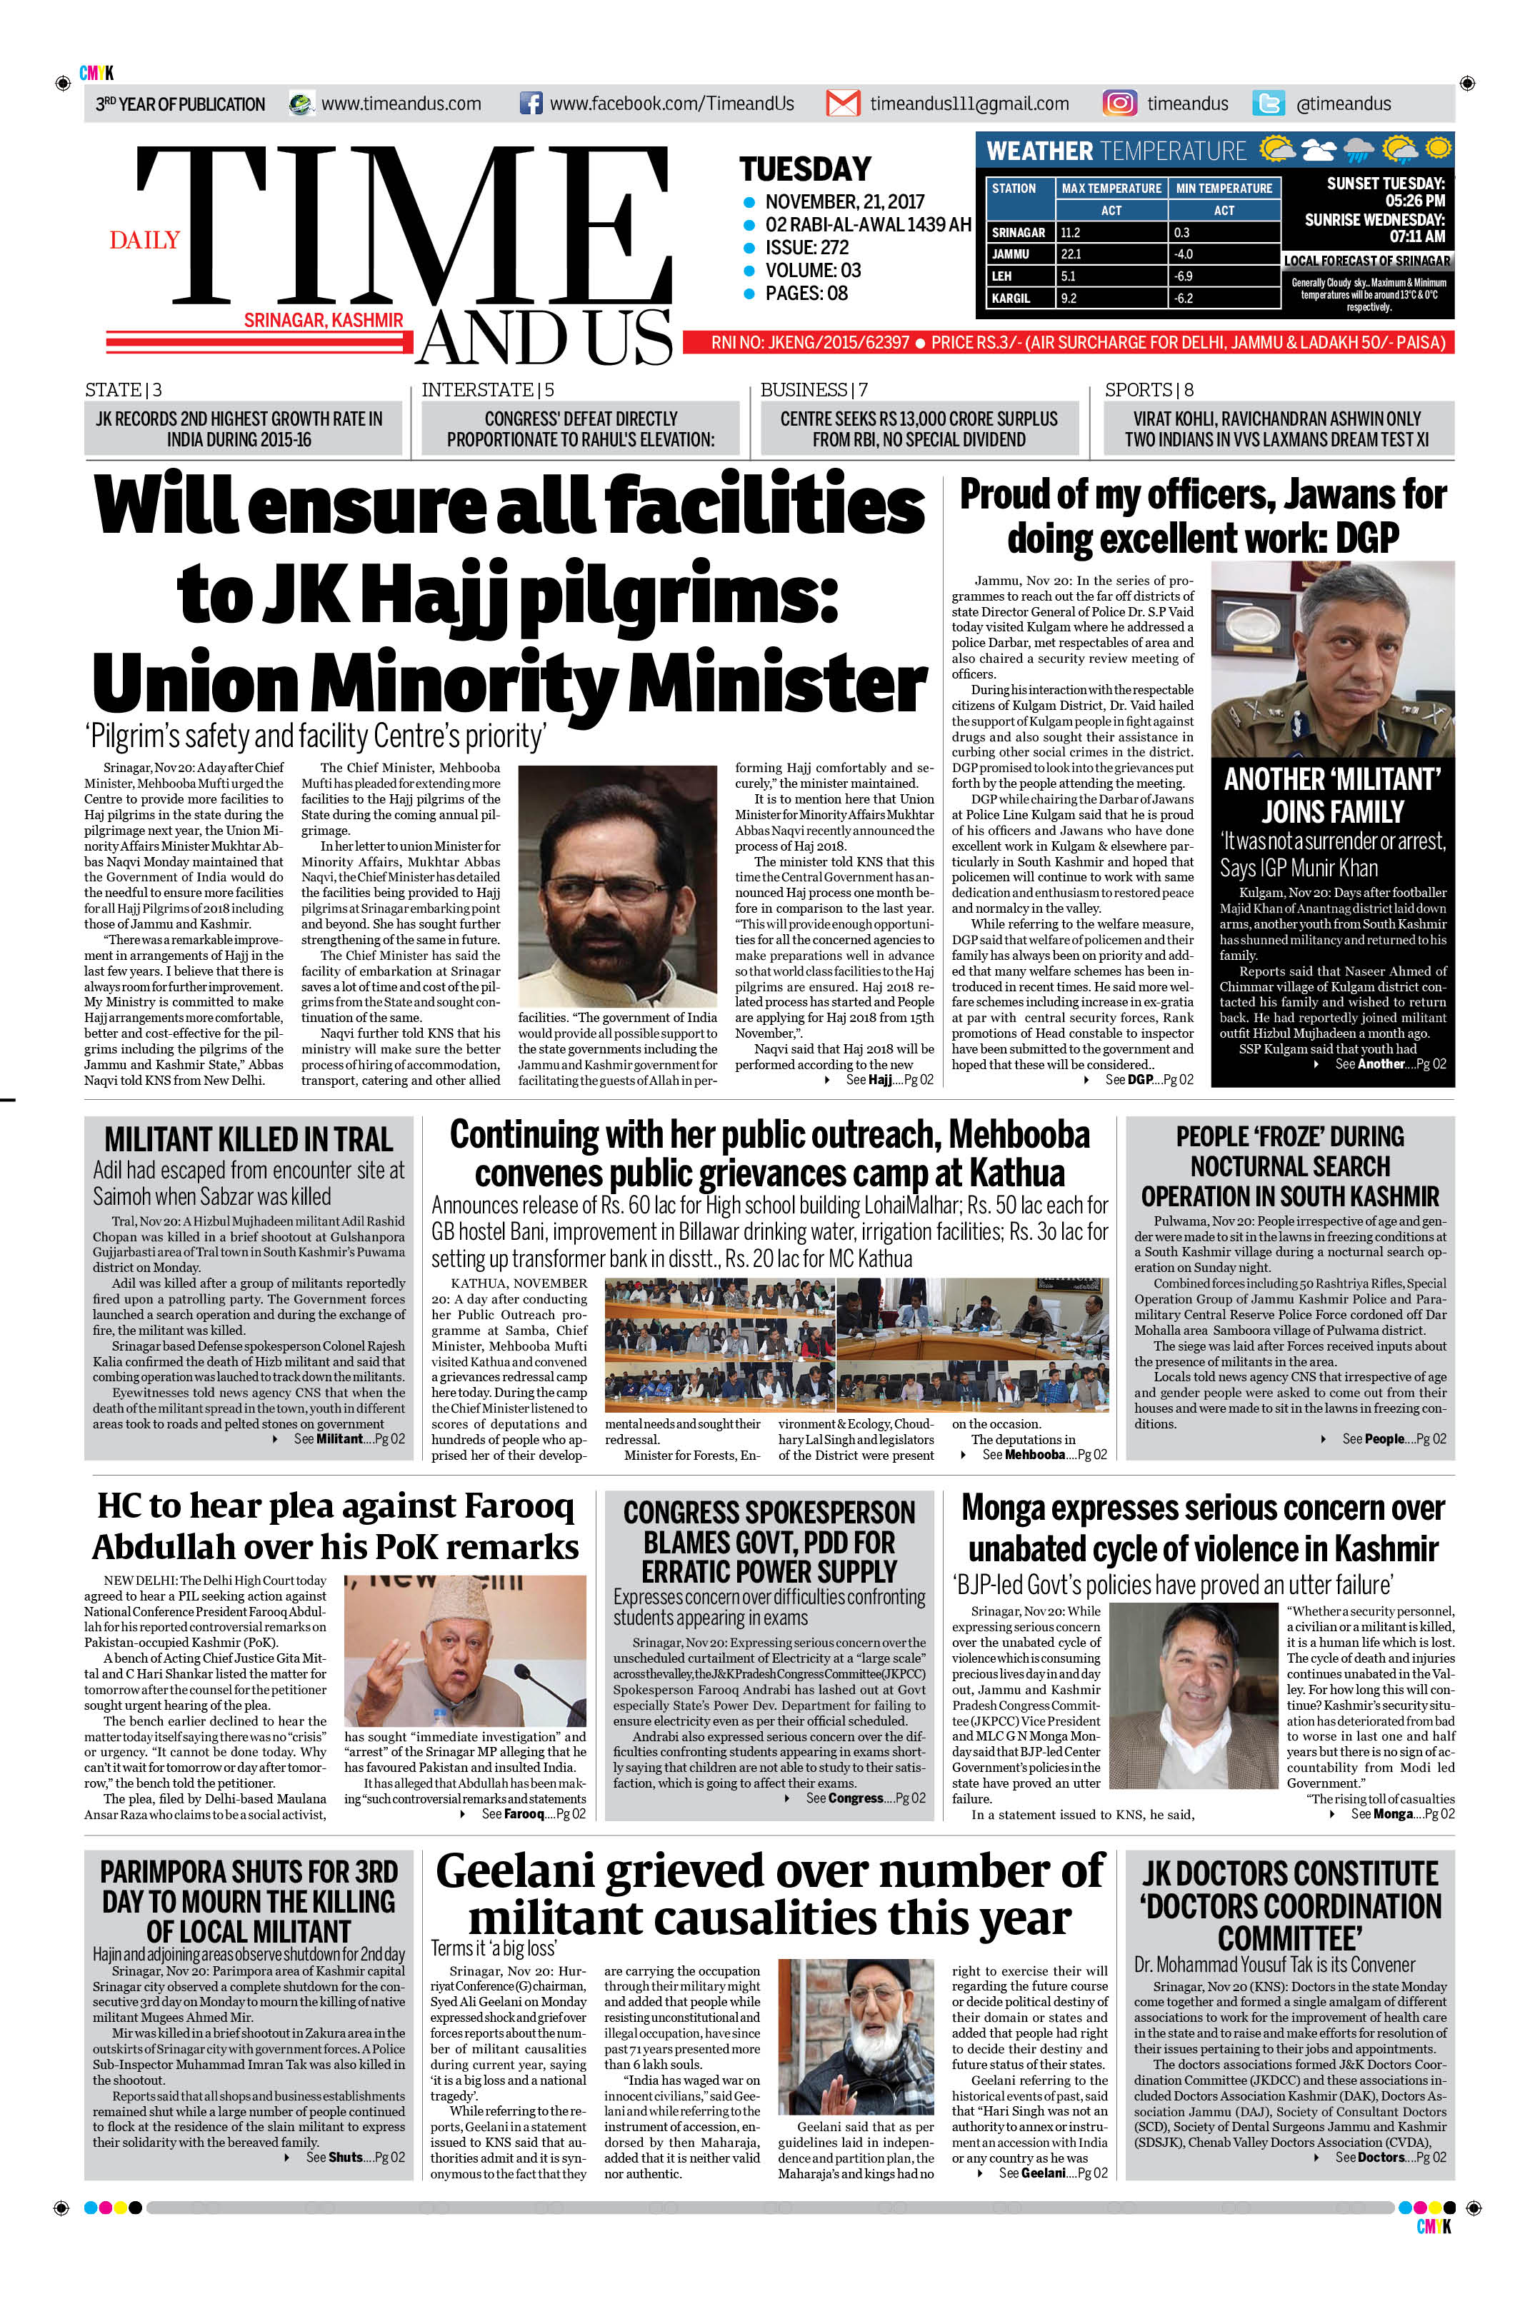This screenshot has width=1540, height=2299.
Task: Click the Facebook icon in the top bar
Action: [530, 103]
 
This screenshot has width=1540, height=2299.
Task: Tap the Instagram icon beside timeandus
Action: [1119, 103]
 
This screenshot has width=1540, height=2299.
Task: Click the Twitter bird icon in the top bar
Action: [1268, 103]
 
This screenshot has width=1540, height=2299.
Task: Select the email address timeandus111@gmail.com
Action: [969, 103]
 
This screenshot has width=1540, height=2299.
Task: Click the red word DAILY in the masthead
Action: [144, 241]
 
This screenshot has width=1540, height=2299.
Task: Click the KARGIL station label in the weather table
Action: [1011, 298]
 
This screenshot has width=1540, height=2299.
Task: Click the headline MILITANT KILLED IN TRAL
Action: [249, 1139]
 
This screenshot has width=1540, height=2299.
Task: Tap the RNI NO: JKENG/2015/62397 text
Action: [809, 342]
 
